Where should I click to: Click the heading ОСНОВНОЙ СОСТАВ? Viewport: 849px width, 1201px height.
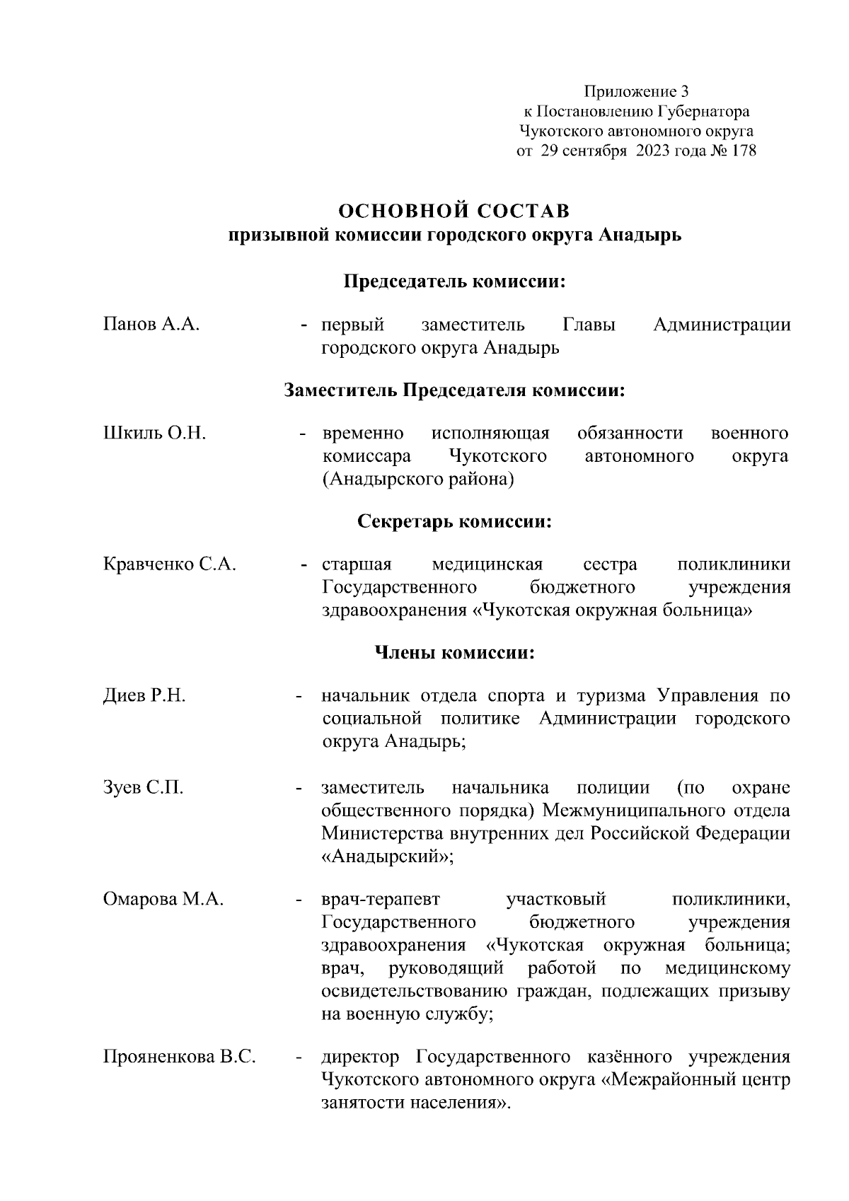pyautogui.click(x=454, y=211)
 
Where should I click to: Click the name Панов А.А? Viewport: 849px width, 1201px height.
pyautogui.click(x=151, y=325)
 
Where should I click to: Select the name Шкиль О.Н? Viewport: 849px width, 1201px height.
pyautogui.click(x=154, y=433)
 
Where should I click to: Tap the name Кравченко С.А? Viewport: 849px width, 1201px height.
pyautogui.click(x=170, y=564)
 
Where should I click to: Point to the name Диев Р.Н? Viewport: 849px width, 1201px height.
pyautogui.click(x=144, y=696)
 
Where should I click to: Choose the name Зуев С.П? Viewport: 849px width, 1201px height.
pyautogui.click(x=144, y=788)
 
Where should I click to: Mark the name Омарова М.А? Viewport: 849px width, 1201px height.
pyautogui.click(x=163, y=900)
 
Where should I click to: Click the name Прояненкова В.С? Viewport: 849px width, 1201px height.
pyautogui.click(x=179, y=1057)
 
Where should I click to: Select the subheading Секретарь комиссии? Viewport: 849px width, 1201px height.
pyautogui.click(x=454, y=522)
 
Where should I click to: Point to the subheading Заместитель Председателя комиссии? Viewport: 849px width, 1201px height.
pyautogui.click(x=454, y=390)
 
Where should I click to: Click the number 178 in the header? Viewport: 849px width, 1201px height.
pyautogui.click(x=741, y=151)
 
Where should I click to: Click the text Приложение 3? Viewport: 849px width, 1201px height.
pyautogui.click(x=636, y=91)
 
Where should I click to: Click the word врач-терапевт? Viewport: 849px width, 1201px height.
pyautogui.click(x=381, y=900)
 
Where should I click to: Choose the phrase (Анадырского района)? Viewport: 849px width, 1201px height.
pyautogui.click(x=417, y=480)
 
